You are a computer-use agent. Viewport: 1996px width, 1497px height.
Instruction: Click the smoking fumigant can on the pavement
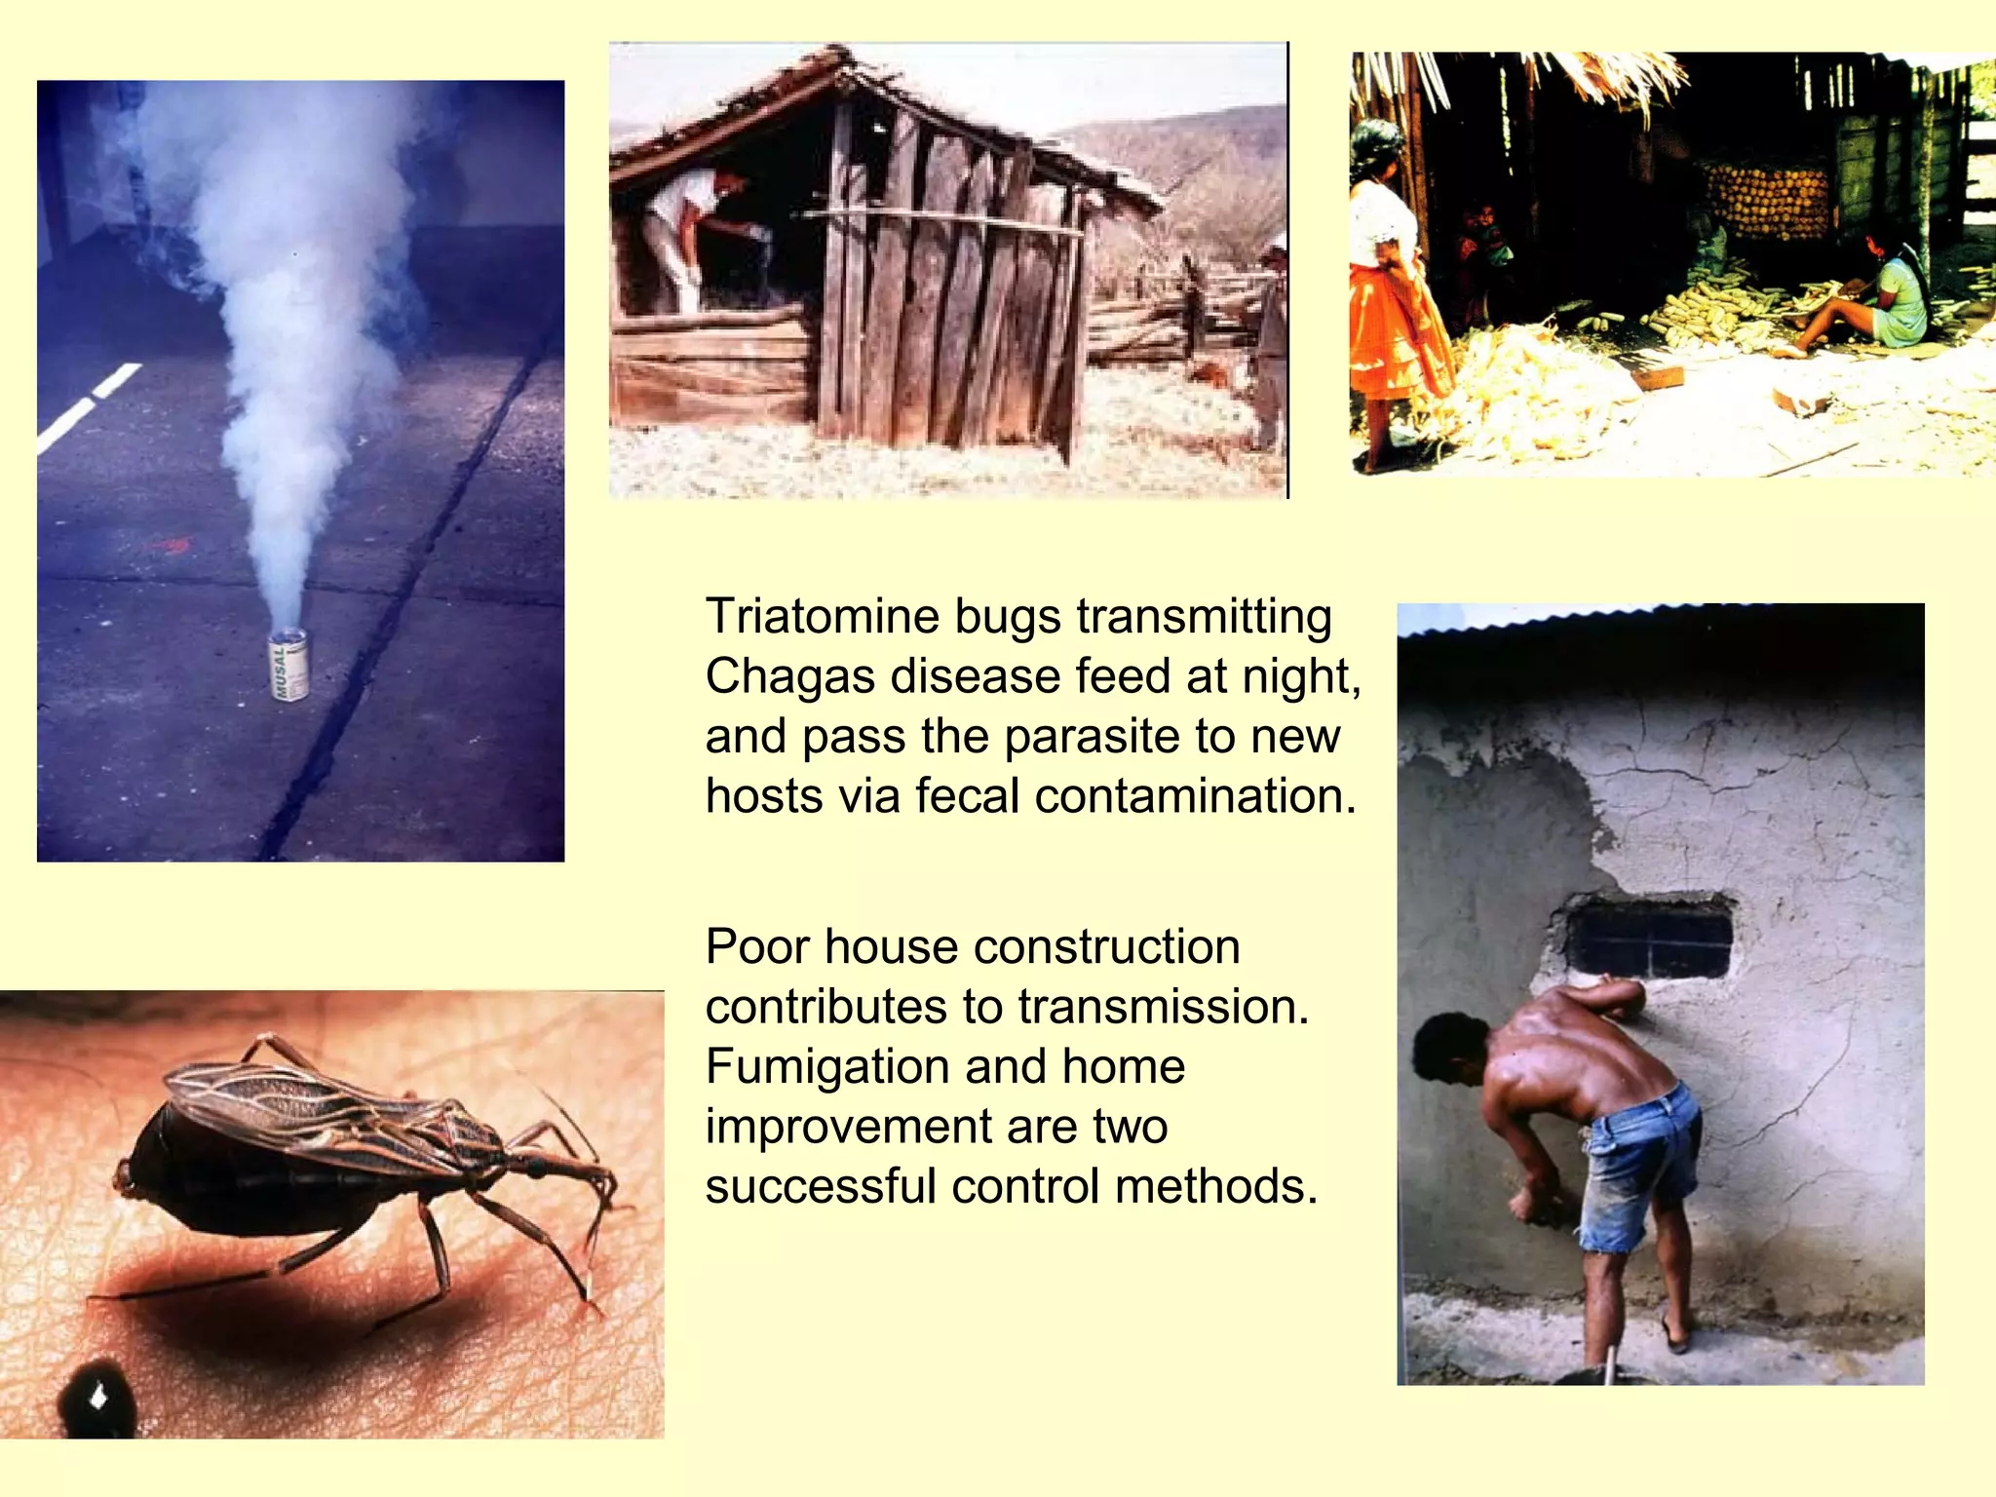289,664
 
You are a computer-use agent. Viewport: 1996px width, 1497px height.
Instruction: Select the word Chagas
786,676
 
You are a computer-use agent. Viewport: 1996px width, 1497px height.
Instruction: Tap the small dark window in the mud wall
1649,938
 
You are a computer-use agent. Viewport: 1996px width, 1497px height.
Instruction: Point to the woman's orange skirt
1397,332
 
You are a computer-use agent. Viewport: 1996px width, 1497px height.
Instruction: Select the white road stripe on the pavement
90,406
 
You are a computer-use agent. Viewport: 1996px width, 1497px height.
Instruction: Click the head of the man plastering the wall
1449,1049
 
